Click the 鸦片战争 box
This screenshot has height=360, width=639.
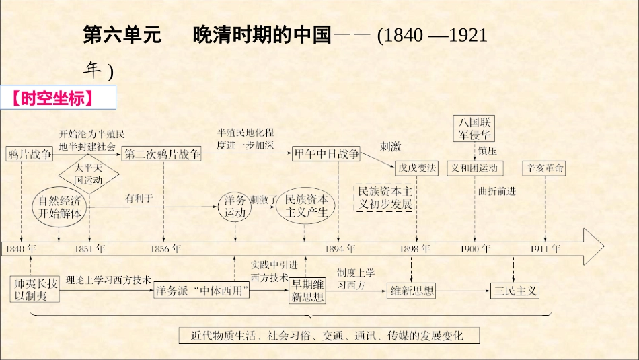click(30, 154)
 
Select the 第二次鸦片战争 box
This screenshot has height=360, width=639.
click(162, 154)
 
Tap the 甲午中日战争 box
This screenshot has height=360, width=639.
click(326, 153)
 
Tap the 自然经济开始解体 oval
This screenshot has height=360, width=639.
click(60, 206)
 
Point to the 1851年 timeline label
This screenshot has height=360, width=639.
click(89, 249)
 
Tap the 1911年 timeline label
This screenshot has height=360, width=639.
click(545, 249)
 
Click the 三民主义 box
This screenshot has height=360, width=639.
click(515, 291)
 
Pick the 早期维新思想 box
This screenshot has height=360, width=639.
click(306, 291)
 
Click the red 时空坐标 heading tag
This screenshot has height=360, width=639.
click(61, 98)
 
